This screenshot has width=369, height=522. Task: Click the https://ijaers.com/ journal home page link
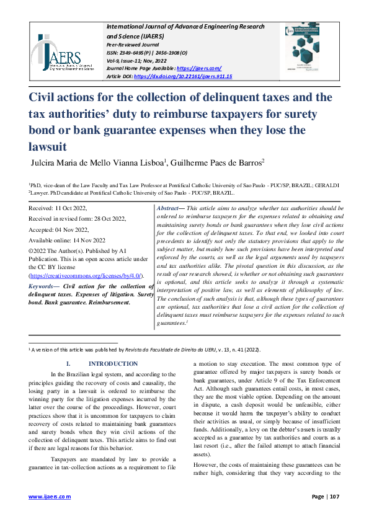click(x=199, y=68)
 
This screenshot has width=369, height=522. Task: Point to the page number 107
click(x=335, y=497)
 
